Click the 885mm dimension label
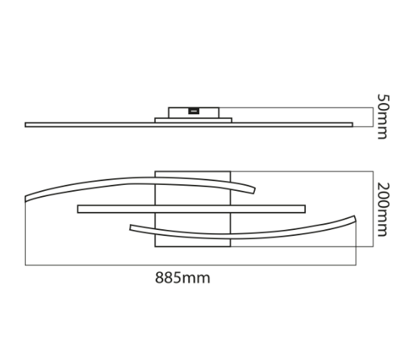tap(183, 277)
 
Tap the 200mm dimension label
tap(383, 210)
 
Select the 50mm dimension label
tap(383, 116)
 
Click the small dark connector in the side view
tap(194, 110)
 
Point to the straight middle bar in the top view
tap(192, 209)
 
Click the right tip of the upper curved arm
tap(254, 191)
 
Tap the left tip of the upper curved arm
tap(26, 199)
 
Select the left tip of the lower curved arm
tap(130, 227)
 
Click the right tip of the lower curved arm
tap(356, 218)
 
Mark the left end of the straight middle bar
tap(77, 209)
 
